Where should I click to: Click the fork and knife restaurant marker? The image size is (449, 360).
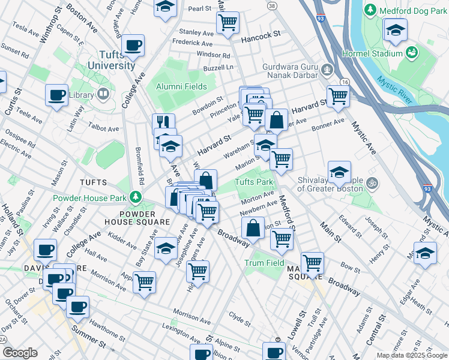click(163, 123)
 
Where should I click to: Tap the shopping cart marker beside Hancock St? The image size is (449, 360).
click(228, 23)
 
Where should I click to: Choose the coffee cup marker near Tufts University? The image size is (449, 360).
click(133, 45)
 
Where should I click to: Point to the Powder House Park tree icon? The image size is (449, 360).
click(136, 197)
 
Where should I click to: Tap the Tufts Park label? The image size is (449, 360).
click(254, 182)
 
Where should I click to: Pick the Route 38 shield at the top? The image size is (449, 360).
click(273, 5)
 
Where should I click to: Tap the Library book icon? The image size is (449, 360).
click(103, 94)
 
